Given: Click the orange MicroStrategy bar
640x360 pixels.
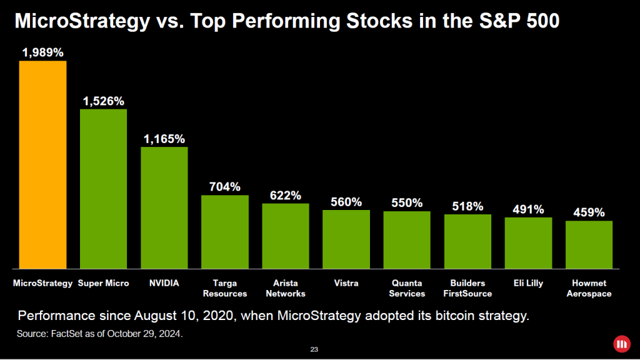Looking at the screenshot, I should [42, 165].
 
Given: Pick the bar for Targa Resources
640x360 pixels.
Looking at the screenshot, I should [224, 232].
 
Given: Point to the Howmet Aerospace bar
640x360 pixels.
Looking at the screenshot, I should [589, 244].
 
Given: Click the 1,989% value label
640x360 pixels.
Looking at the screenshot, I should [42, 53].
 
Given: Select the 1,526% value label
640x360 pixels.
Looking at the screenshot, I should [103, 101].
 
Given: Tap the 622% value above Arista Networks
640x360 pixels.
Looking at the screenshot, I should [285, 196].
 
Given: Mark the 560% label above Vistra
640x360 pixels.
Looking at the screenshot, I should [346, 202].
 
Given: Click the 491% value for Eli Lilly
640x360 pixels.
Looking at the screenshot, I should [528, 210].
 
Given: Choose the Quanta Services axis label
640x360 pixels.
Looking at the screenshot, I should [407, 288].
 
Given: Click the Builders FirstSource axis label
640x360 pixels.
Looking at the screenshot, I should [467, 288].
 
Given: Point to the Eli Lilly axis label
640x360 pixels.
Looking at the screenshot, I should [528, 283].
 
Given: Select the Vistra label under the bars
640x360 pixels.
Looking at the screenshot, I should [346, 283].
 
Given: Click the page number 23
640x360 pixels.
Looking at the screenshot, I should [314, 349].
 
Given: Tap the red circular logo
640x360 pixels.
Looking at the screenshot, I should [621, 343].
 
